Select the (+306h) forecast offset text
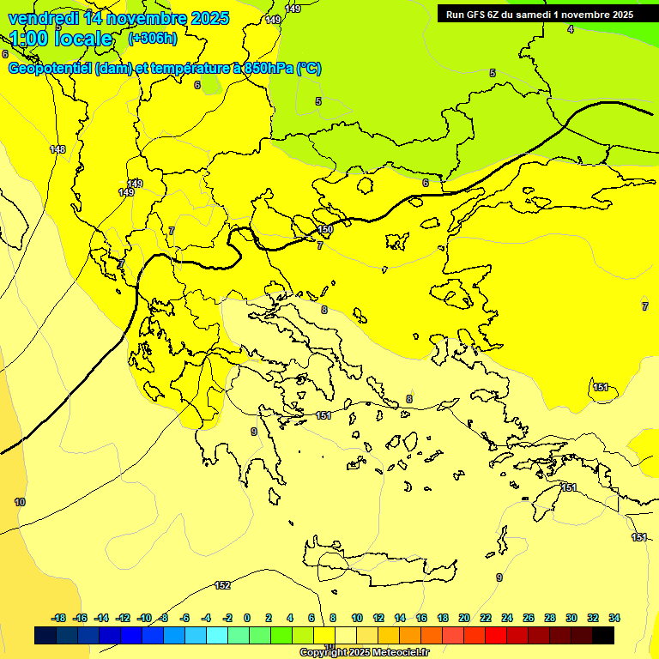coord(152,39)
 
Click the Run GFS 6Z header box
coord(539,14)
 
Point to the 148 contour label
coord(57,149)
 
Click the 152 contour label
coord(222,585)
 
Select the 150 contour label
coord(325,230)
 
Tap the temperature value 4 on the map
coord(571,29)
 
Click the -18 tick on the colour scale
coord(59,618)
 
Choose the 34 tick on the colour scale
coord(614,618)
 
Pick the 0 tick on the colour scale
coord(247,618)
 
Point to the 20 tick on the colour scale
coord(464,618)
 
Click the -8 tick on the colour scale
coord(162,618)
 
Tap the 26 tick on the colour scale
coord(529,618)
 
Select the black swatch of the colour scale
coord(603,636)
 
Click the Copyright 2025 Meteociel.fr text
coord(364,652)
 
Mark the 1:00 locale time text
coord(62,39)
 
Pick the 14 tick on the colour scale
coord(400,618)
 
